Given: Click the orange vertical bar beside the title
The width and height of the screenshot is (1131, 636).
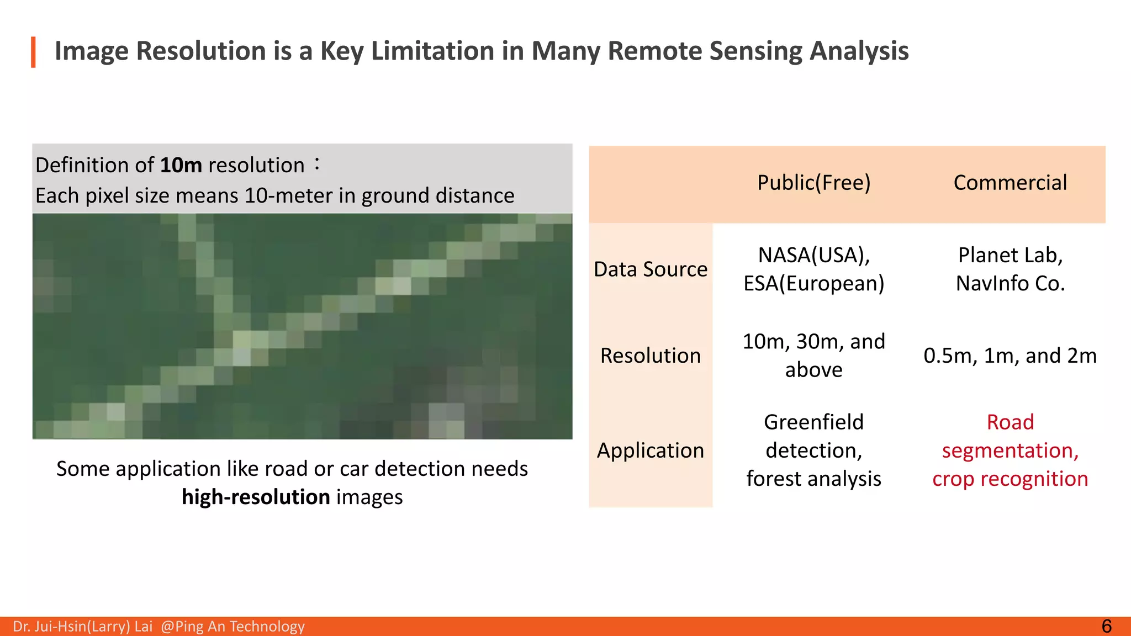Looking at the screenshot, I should click(33, 52).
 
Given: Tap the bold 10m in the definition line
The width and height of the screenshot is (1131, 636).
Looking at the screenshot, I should click(181, 165).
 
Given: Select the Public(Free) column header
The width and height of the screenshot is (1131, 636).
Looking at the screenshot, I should click(813, 183).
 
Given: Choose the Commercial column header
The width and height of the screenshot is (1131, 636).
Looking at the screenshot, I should click(1010, 183).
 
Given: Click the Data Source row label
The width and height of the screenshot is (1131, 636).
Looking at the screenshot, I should click(651, 269).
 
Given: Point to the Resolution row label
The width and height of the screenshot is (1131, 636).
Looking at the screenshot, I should click(651, 356).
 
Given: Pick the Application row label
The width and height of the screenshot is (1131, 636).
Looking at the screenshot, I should click(651, 451).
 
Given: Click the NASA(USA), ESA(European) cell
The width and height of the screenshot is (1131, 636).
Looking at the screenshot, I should click(813, 269).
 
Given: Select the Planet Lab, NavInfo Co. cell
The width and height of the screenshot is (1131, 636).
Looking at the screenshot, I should click(1010, 269).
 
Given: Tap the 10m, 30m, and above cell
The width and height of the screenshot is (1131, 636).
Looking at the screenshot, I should click(813, 356).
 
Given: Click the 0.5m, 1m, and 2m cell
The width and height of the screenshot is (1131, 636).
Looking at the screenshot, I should click(1010, 356).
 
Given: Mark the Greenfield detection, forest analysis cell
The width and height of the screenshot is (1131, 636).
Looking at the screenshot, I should click(813, 451).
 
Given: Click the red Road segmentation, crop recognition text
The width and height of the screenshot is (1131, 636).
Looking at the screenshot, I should click(1010, 451).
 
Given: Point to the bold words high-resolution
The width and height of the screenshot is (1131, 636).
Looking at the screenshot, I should click(256, 497).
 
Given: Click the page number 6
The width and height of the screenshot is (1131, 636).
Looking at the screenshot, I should click(1106, 626).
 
